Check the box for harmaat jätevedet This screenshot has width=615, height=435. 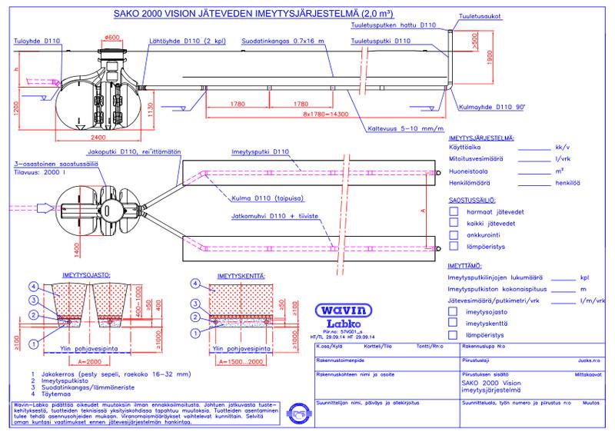click(x=454, y=210)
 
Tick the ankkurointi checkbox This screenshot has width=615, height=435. click(x=454, y=234)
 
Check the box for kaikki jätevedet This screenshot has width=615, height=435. click(x=454, y=222)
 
